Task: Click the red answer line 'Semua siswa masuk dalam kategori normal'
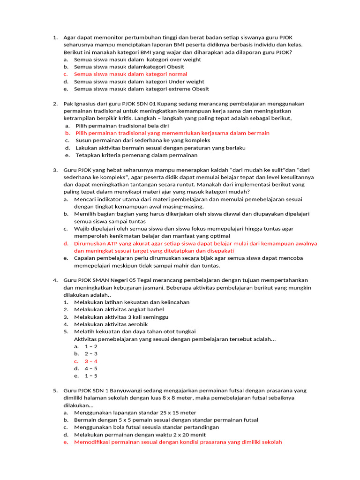[x=131, y=74]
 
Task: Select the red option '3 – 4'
[x=91, y=361]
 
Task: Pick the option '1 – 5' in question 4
[x=91, y=376]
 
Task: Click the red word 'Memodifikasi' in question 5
[x=92, y=442]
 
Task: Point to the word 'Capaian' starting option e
[x=85, y=258]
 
